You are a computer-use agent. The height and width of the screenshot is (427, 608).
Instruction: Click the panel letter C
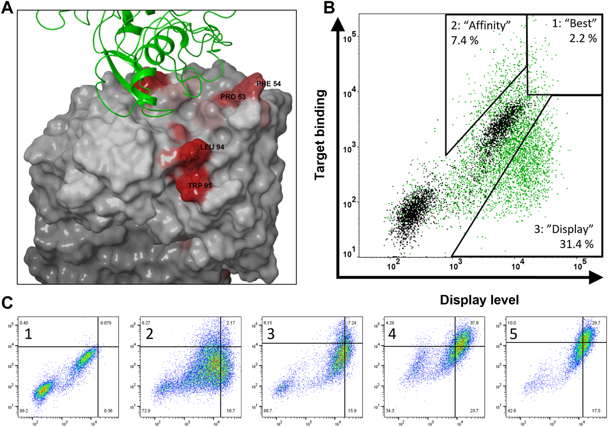(x=7, y=302)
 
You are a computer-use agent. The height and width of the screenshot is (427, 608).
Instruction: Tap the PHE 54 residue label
(x=268, y=84)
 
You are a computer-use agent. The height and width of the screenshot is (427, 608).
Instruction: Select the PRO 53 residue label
(x=233, y=97)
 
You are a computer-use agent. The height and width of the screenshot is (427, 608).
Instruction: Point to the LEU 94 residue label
(x=212, y=147)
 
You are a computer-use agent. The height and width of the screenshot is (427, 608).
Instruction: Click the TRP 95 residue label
(x=200, y=186)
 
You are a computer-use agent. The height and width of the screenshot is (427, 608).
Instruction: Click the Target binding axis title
(x=320, y=135)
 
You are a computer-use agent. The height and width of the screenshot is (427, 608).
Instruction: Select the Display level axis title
(x=479, y=300)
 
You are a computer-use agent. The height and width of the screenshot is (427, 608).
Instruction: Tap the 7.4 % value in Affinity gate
(x=465, y=41)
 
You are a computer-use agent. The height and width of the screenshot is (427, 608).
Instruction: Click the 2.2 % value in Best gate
(x=583, y=39)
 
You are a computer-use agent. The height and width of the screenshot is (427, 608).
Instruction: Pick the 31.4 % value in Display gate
(x=576, y=244)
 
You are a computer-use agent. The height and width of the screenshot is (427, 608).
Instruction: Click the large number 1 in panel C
(x=28, y=333)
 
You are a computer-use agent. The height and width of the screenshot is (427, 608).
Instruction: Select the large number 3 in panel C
(x=270, y=333)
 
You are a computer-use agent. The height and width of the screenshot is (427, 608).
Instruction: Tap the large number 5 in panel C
(x=513, y=333)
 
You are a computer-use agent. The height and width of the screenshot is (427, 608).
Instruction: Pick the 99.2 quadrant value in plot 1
(x=24, y=411)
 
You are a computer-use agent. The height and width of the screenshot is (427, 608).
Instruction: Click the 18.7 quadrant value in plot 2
(x=231, y=411)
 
